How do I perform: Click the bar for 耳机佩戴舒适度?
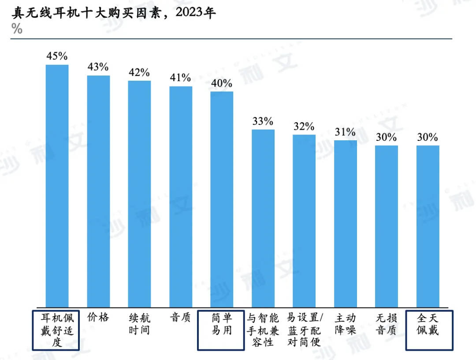[57, 185]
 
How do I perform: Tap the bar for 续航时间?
[139, 194]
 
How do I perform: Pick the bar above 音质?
[181, 196]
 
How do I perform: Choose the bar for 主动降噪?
[346, 223]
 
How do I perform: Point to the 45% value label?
[57, 56]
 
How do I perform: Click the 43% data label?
[98, 67]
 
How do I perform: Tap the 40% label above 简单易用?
[221, 83]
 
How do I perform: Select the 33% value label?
[263, 121]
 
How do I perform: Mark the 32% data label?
[304, 127]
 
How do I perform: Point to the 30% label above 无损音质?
[387, 137]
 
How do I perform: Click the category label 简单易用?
[221, 324]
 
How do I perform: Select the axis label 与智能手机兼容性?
[263, 330]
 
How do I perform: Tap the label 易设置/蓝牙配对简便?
[305, 330]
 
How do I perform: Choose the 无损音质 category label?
[387, 324]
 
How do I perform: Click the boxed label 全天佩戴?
[428, 324]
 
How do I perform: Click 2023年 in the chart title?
[196, 13]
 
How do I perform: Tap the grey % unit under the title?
[17, 29]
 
